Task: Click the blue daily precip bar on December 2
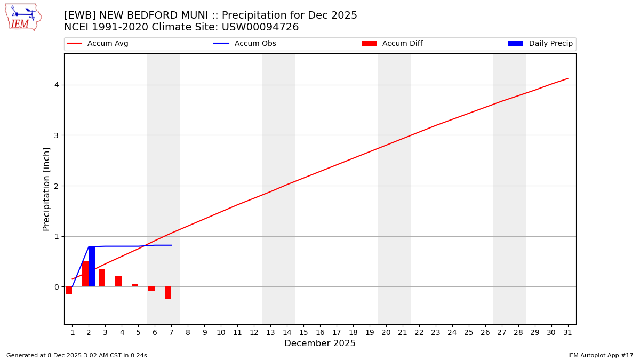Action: click(x=92, y=267)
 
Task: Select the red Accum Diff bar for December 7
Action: click(x=168, y=292)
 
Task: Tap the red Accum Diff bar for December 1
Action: click(x=69, y=290)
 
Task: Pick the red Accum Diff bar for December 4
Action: click(x=118, y=282)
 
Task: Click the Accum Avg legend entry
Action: click(x=98, y=44)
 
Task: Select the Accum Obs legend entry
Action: click(x=245, y=44)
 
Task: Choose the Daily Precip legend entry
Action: click(x=540, y=44)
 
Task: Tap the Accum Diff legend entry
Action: click(x=392, y=44)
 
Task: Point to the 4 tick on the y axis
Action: click(x=57, y=85)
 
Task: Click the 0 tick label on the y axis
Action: click(x=57, y=287)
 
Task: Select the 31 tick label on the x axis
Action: click(x=567, y=332)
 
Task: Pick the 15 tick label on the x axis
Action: click(x=303, y=332)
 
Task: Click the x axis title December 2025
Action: click(x=319, y=343)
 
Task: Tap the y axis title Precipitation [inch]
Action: click(x=46, y=189)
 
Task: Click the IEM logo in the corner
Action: click(x=23, y=17)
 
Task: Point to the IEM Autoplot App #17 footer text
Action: click(x=600, y=355)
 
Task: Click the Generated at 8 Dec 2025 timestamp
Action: click(x=76, y=355)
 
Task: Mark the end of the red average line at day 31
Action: click(x=567, y=78)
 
